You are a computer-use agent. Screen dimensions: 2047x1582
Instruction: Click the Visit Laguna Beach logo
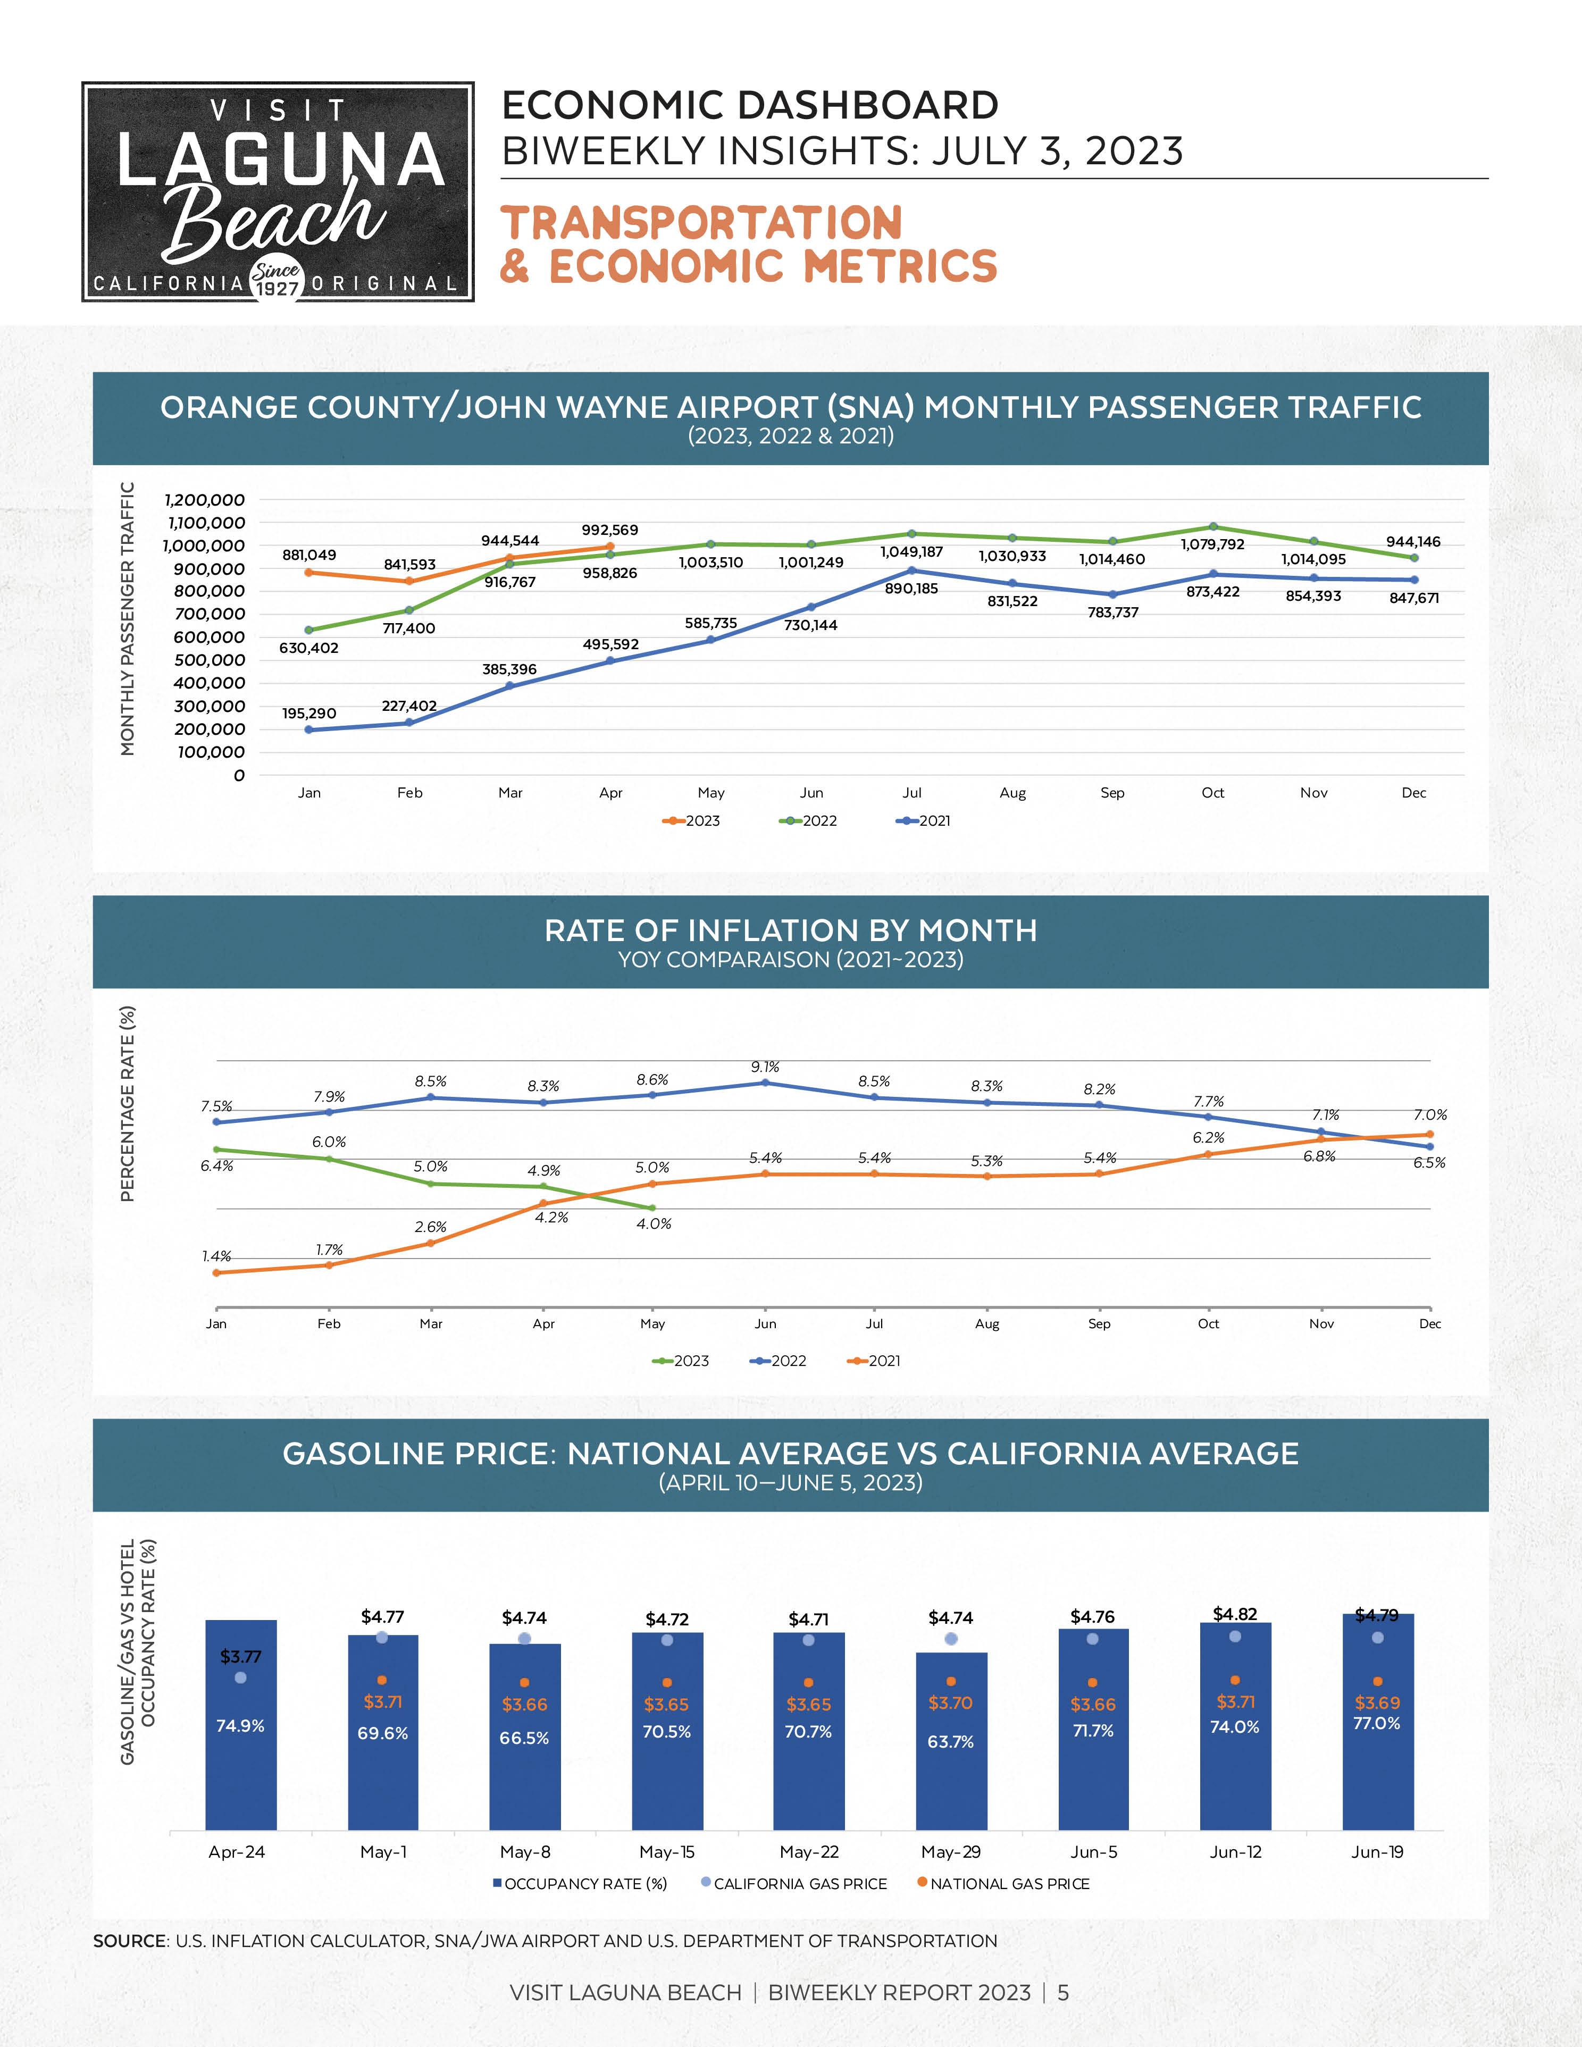pos(278,191)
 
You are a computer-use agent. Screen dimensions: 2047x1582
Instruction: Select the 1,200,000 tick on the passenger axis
pos(204,500)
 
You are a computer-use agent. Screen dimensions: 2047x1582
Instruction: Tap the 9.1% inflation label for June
pos(765,1067)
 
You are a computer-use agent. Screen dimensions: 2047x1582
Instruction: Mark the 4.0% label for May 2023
pos(653,1223)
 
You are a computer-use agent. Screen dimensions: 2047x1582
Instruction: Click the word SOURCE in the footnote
pos(129,1941)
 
